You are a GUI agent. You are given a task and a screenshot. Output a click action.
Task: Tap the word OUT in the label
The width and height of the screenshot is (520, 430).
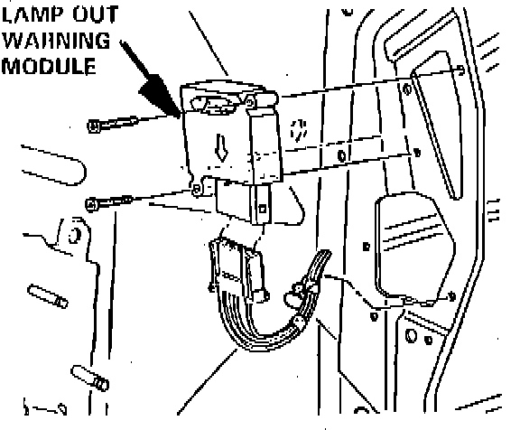(x=96, y=14)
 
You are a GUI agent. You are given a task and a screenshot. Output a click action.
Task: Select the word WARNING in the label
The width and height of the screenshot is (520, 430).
(x=56, y=41)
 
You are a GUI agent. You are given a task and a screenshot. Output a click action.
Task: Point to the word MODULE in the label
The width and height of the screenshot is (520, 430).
(x=49, y=66)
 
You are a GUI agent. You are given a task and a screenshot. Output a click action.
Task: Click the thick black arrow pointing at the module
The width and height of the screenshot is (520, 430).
(x=151, y=79)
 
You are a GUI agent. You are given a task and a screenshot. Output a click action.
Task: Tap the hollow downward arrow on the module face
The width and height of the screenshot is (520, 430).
(x=221, y=147)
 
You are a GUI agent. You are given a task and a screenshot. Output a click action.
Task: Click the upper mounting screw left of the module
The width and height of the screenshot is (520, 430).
(x=113, y=124)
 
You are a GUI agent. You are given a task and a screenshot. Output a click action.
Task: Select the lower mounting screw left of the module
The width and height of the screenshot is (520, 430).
(x=108, y=202)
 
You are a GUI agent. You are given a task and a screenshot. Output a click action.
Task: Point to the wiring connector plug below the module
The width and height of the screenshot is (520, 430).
(x=237, y=269)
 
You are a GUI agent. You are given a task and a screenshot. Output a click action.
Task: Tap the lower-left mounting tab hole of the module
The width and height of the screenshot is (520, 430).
(x=197, y=190)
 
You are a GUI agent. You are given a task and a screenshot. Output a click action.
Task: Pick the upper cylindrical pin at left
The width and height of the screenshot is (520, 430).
(x=48, y=296)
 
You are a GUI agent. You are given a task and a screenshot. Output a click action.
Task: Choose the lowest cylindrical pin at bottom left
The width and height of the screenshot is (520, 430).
(x=90, y=378)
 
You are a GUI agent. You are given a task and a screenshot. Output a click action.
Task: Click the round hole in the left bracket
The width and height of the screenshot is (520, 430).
(x=74, y=235)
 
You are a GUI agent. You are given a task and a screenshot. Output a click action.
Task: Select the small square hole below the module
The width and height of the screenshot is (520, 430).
(x=263, y=209)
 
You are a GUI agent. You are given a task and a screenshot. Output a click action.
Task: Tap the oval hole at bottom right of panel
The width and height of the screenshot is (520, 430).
(x=411, y=335)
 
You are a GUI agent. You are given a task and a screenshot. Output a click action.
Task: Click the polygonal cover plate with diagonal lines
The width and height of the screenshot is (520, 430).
(x=415, y=248)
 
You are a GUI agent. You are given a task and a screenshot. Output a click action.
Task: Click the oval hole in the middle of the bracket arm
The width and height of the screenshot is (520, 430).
(x=342, y=155)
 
